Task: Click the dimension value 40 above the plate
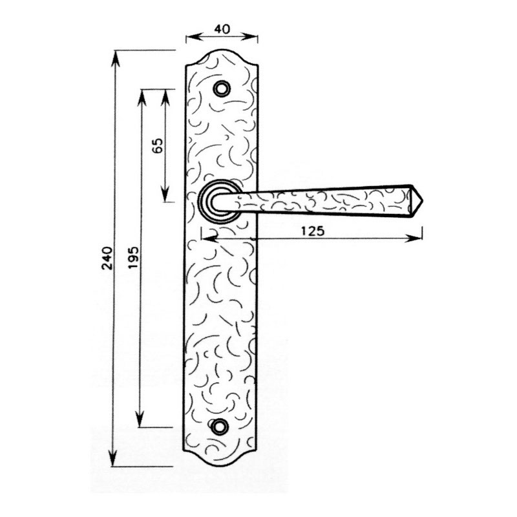(x=222, y=29)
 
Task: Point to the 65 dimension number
(x=158, y=145)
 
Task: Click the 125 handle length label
(x=313, y=231)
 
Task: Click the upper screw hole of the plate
(x=221, y=89)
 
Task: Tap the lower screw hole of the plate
(x=220, y=426)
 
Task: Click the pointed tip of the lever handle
(x=423, y=201)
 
